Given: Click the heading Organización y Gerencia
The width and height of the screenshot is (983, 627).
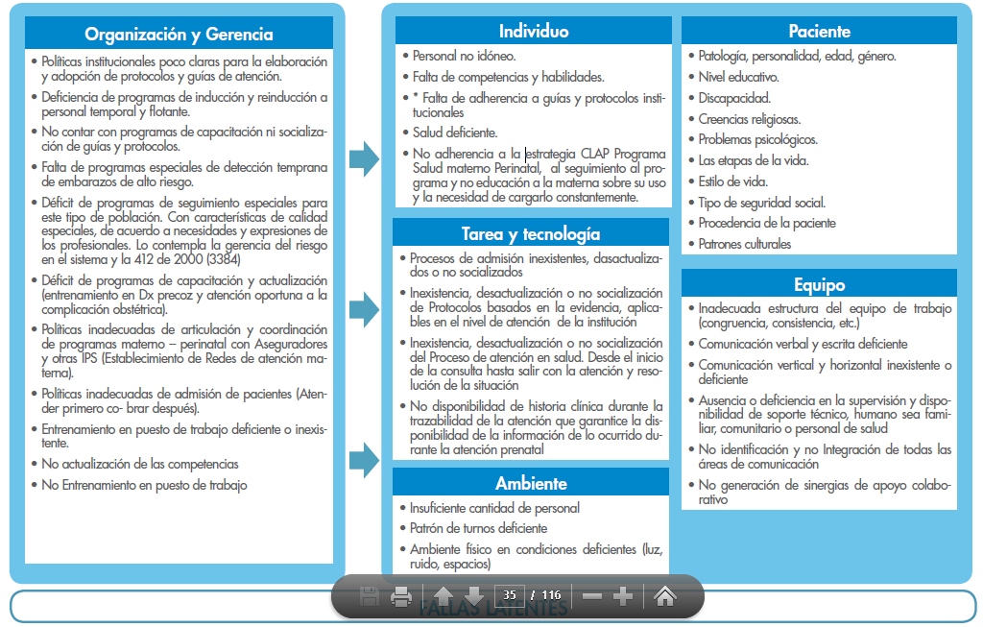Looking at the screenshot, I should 179,35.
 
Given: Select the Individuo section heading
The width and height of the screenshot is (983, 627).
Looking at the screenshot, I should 534,31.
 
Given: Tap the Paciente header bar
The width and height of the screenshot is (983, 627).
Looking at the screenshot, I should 819,31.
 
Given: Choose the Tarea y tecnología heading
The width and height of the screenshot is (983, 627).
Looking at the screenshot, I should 531,233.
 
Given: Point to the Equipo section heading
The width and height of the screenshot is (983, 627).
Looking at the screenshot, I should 819,284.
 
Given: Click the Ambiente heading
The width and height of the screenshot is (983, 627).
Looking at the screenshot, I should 531,483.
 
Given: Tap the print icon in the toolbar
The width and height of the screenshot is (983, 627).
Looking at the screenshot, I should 401,597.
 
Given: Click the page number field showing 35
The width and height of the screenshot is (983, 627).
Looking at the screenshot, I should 511,595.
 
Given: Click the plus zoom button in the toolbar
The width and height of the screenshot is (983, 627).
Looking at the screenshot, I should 622,596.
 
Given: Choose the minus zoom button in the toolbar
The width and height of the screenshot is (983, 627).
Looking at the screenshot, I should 591,596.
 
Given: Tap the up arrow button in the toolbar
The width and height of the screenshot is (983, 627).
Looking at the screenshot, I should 443,597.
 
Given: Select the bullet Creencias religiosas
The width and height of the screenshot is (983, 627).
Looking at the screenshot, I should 749,119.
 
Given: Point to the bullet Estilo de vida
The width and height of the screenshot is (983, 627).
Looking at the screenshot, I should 732,181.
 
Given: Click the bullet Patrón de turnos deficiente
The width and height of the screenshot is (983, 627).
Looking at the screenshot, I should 478,528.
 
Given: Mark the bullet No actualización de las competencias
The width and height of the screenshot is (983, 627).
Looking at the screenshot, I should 140,465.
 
